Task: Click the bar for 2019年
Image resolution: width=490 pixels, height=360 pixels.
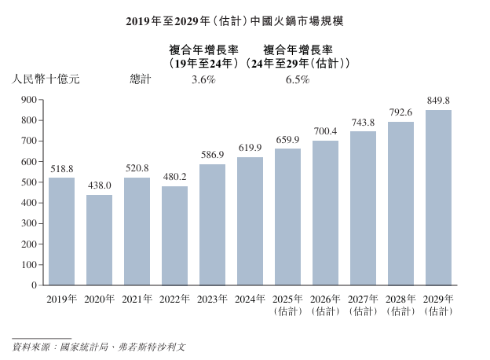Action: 61,231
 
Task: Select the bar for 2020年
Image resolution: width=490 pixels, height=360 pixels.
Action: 99,240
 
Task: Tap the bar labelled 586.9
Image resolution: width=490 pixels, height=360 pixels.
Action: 212,224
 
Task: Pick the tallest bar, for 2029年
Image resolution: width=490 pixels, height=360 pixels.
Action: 438,197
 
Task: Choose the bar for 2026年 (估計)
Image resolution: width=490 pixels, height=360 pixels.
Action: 325,212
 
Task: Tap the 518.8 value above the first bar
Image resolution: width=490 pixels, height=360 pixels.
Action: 61,168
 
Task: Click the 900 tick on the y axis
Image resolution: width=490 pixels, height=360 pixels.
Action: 28,100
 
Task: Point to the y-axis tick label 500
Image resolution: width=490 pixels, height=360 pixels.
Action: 28,182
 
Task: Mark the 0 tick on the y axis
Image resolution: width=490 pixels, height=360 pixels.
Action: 35,285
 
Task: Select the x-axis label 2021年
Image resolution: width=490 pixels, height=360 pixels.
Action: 137,299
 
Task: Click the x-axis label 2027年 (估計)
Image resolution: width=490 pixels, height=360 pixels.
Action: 363,305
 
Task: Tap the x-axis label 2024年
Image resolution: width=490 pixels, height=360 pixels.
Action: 250,299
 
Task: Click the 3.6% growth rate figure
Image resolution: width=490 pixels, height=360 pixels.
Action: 203,79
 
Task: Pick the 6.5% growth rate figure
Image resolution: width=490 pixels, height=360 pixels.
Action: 298,79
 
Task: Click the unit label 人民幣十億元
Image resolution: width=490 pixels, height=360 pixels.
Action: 45,79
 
